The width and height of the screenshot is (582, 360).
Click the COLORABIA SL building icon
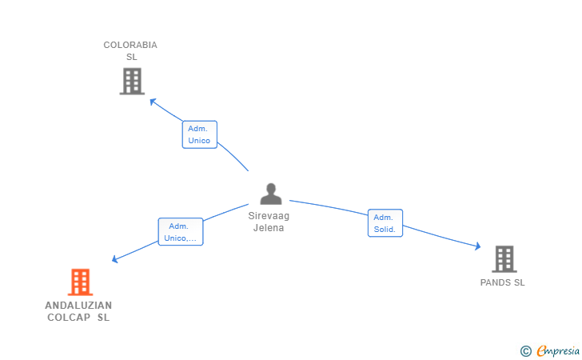132,81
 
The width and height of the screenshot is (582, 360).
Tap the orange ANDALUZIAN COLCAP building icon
80,282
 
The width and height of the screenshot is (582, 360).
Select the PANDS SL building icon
504,258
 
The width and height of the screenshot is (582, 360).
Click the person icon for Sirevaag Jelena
271,194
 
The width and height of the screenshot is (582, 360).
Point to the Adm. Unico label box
199,134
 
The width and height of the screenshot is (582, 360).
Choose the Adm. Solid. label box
385,223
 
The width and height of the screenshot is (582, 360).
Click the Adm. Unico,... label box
180,232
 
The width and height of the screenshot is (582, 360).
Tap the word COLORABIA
130,45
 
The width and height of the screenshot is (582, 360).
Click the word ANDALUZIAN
78,306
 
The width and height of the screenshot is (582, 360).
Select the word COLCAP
68,318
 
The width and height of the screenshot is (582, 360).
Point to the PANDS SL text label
503,282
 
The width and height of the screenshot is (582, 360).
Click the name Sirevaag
269,216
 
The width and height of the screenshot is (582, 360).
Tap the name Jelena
269,228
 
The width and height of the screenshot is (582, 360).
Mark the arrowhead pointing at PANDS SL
477,247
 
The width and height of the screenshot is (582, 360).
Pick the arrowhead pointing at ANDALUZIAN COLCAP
115,259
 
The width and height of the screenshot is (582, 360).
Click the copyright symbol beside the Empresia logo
525,350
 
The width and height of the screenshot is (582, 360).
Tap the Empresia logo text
558,350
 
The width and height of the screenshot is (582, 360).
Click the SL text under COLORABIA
132,57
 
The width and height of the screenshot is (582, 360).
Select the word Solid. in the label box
385,229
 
